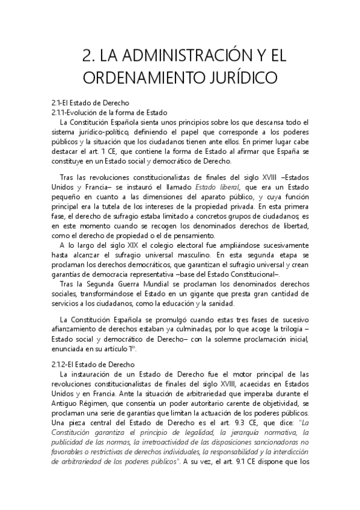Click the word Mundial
169,284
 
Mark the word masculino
183,255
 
